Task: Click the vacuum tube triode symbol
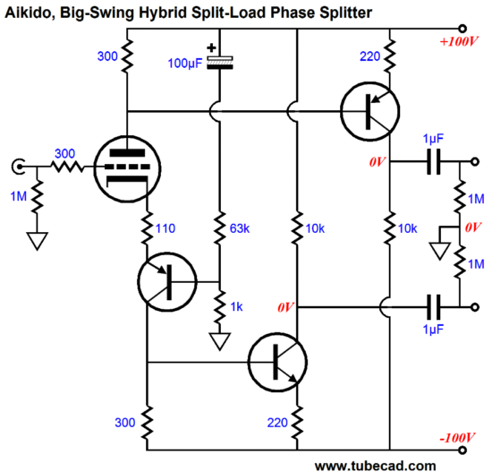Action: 127,168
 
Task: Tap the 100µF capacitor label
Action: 185,64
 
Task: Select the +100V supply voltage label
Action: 459,41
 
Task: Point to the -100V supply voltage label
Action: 457,437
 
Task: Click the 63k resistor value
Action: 240,228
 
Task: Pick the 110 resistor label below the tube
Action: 165,228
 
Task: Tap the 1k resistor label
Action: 236,306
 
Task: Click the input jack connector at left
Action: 18,167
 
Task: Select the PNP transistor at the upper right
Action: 370,111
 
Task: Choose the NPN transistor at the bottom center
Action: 277,362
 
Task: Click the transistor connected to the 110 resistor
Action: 167,282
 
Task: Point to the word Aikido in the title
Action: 30,13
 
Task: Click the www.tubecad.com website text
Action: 376,466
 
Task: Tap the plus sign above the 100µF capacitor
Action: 211,47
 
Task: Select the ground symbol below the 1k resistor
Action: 220,341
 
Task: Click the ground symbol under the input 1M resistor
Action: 37,241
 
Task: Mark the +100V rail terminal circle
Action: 462,29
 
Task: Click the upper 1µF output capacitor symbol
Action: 434,162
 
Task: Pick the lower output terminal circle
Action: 475,307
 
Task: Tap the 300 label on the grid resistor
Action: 65,154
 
